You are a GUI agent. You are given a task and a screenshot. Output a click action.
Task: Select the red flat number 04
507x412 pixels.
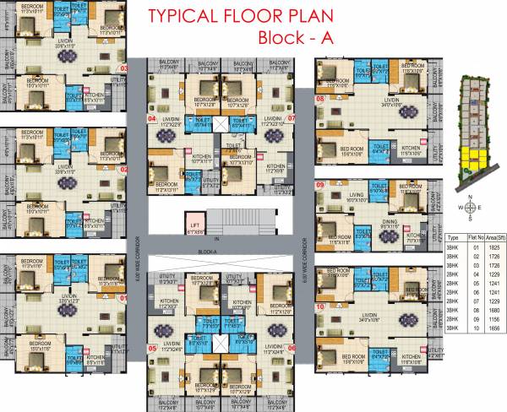click(152, 120)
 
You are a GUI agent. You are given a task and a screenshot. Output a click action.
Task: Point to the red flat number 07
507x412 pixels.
click(292, 120)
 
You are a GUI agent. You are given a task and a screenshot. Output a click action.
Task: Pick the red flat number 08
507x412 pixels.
click(320, 99)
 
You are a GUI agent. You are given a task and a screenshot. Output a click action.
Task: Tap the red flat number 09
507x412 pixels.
click(320, 184)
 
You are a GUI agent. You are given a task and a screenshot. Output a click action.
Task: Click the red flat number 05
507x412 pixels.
click(152, 347)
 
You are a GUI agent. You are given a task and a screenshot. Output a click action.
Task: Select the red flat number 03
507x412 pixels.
click(123, 68)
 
